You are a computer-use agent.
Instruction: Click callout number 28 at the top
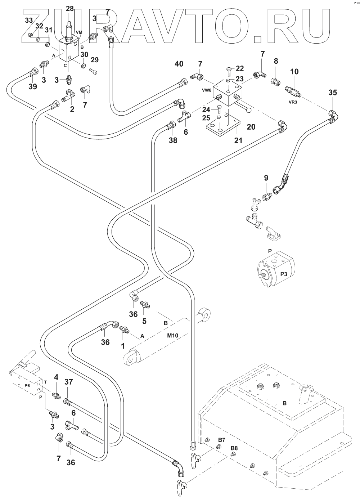click(70, 9)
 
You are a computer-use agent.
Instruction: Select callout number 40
click(179, 64)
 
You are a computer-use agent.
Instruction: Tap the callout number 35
click(333, 93)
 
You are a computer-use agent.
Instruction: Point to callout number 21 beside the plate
click(238, 140)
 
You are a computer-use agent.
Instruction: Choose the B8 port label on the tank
click(234, 448)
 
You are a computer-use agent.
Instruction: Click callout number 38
click(173, 140)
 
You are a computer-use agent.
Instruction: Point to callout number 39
click(33, 86)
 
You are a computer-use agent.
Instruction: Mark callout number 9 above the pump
click(266, 178)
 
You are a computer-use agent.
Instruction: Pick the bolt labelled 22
click(229, 71)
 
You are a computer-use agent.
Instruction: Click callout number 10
click(294, 72)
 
